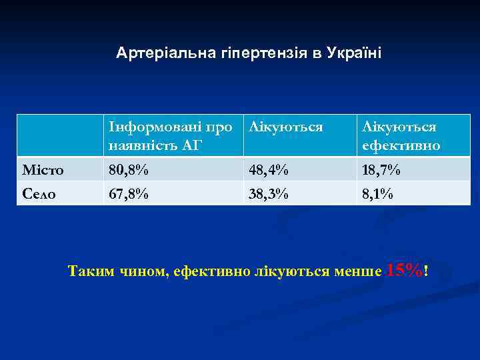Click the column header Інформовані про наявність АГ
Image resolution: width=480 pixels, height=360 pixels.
pos(171,135)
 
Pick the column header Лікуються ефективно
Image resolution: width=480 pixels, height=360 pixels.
pos(400,135)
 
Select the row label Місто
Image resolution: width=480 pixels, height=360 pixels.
pos(43,170)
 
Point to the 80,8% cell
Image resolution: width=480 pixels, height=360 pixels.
pos(129,170)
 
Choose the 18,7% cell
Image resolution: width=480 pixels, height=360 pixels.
pos(381,170)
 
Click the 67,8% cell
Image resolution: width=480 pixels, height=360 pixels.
pos(129,193)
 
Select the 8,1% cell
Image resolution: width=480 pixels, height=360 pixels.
pos(377,193)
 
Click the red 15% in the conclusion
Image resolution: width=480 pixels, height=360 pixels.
pos(404,270)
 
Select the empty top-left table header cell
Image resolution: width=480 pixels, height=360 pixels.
pos(60,135)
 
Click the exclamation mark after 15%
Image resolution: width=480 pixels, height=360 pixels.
pos(425,271)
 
